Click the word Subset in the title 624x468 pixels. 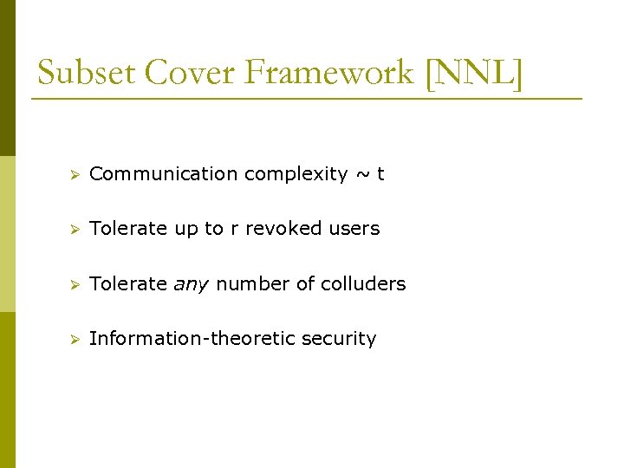[x=86, y=73]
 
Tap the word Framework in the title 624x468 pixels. [x=330, y=73]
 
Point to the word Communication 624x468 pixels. [x=164, y=174]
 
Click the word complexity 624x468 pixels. [x=296, y=174]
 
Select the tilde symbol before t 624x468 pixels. [x=361, y=174]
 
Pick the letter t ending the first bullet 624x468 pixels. [x=380, y=174]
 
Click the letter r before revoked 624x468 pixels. [x=233, y=229]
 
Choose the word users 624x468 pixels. [x=354, y=229]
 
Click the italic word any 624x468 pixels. [x=192, y=284]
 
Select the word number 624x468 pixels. [x=250, y=284]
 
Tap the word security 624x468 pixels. [x=339, y=339]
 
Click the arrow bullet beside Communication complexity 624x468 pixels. [x=75, y=175]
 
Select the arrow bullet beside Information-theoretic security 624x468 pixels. [x=75, y=340]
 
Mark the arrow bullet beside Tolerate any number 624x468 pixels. [x=75, y=285]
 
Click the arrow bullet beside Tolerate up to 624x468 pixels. [x=75, y=230]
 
